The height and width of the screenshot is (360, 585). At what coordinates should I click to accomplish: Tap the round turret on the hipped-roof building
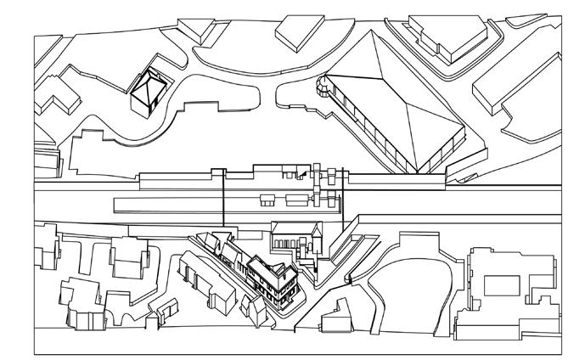coord(323,85)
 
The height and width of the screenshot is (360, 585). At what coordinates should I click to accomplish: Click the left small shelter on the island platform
coord(267,200)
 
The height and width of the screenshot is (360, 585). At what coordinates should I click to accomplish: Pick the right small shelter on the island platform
coord(297,200)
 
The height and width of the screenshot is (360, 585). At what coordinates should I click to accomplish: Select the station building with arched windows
coord(293,238)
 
